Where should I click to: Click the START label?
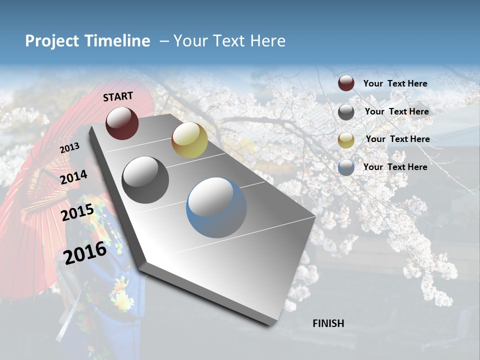click(x=118, y=96)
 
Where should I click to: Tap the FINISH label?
click(x=328, y=323)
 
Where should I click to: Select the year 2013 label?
click(x=69, y=148)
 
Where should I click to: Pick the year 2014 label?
click(x=74, y=177)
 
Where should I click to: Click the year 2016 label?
click(x=85, y=252)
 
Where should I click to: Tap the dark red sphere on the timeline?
click(x=122, y=122)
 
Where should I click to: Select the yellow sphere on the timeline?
click(x=189, y=140)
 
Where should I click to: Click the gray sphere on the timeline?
click(x=145, y=179)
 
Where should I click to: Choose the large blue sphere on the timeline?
click(x=216, y=207)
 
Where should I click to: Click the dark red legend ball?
click(x=346, y=83)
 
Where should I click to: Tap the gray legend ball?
click(x=346, y=112)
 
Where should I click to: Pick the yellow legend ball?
click(x=346, y=140)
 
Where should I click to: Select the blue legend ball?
click(x=346, y=167)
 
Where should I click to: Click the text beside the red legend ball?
click(x=395, y=83)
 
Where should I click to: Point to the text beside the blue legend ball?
click(x=395, y=167)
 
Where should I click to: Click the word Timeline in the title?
click(x=117, y=41)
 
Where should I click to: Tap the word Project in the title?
click(x=51, y=41)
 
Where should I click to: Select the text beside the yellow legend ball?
click(x=397, y=139)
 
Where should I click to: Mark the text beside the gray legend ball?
click(x=396, y=111)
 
